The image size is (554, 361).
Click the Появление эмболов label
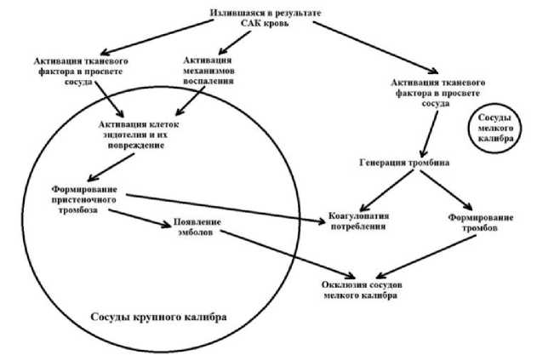198,227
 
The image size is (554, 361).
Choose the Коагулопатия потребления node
358,222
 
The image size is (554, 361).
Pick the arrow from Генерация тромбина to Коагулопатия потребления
380,188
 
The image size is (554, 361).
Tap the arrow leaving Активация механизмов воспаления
191,101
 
